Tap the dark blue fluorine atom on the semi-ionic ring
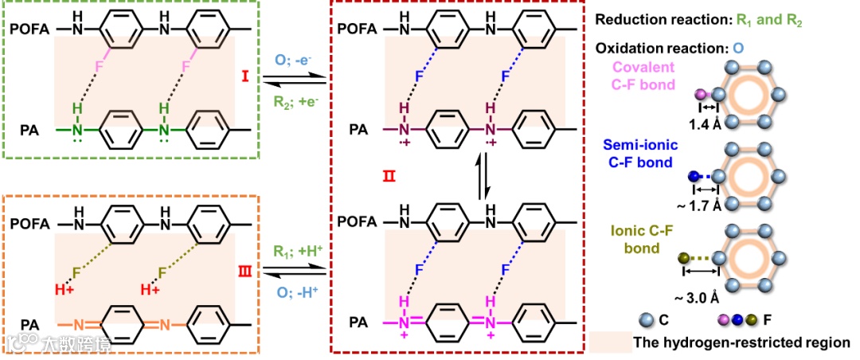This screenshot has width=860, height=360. [x=696, y=176]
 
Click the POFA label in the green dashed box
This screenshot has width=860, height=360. [x=29, y=29]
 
